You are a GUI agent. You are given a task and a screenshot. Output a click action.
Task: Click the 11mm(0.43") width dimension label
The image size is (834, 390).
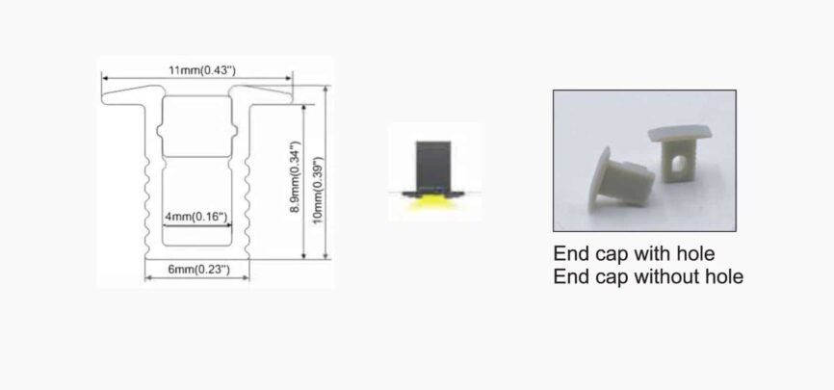[x=202, y=70]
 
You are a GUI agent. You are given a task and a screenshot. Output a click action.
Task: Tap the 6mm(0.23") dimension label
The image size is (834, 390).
[x=199, y=270]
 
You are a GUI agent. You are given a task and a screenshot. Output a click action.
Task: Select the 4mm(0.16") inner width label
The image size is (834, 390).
[x=196, y=217]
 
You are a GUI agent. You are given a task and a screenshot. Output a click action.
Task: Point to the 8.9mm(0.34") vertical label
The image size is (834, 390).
[x=296, y=177]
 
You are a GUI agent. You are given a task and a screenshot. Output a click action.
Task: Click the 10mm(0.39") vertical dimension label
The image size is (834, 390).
[x=318, y=190]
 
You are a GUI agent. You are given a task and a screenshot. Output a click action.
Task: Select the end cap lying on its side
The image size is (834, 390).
[x=620, y=179]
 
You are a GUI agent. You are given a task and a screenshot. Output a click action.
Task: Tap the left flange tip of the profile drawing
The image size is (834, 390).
[x=104, y=98]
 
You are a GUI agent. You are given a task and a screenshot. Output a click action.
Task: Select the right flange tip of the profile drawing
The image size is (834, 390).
[x=291, y=97]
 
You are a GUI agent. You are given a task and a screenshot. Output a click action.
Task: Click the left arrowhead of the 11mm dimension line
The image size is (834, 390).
[x=105, y=78]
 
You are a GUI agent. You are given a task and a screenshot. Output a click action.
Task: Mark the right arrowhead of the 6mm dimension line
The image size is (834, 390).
[x=247, y=277]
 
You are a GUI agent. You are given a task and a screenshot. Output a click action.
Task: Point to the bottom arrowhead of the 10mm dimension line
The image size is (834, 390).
[x=326, y=256]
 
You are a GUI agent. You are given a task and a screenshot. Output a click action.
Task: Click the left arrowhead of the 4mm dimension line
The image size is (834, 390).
[x=166, y=225]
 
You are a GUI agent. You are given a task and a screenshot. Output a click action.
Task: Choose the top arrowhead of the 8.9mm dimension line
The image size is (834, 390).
[x=303, y=108]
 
